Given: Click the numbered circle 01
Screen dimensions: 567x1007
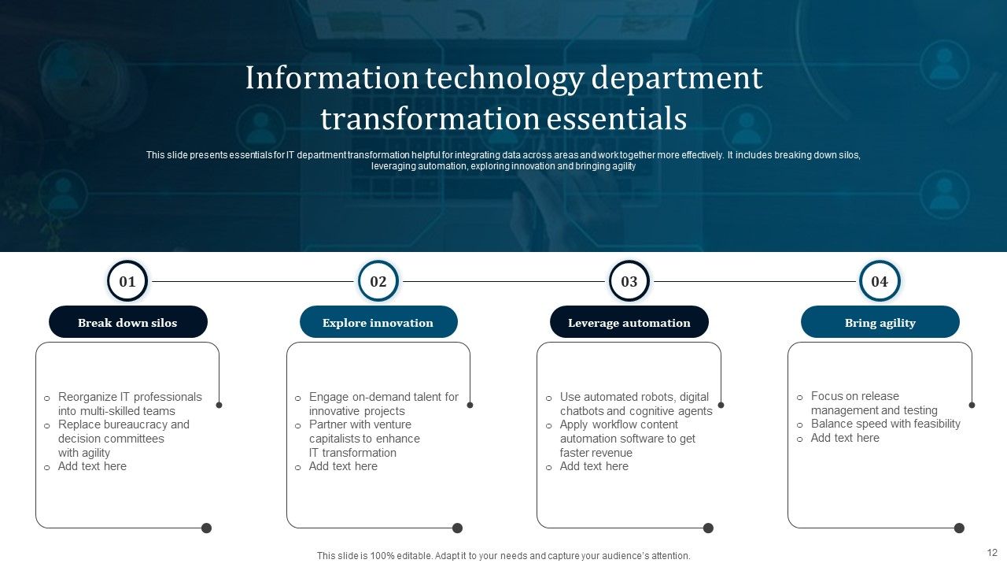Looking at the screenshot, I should (127, 281).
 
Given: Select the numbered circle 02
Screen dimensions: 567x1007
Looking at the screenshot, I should (378, 281).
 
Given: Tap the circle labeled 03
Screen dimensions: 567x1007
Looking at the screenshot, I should (629, 281).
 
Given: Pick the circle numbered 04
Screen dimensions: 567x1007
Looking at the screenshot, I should (880, 281).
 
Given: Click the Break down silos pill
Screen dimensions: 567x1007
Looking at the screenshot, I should (128, 322).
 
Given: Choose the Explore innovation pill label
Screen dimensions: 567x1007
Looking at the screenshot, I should (378, 322).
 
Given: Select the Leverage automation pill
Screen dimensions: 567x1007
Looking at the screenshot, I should (629, 322).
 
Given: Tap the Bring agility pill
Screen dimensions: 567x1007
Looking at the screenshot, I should (880, 322).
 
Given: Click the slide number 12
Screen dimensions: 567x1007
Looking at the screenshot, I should (992, 553).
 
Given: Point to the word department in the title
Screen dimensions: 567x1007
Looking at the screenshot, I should (677, 79).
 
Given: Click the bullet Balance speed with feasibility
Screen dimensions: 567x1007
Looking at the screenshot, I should (885, 424).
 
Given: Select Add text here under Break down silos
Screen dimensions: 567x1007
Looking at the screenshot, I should (92, 466).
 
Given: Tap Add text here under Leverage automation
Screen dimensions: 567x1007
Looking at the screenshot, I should (594, 466).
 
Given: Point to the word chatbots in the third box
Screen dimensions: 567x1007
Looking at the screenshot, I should (583, 411).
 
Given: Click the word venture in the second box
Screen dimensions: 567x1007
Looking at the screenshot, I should (392, 424).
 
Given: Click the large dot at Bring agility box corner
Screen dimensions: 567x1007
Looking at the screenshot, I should (959, 528).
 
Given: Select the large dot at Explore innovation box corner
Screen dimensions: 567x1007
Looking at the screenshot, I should (457, 528).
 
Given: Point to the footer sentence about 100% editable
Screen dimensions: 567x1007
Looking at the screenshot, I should (503, 556).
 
